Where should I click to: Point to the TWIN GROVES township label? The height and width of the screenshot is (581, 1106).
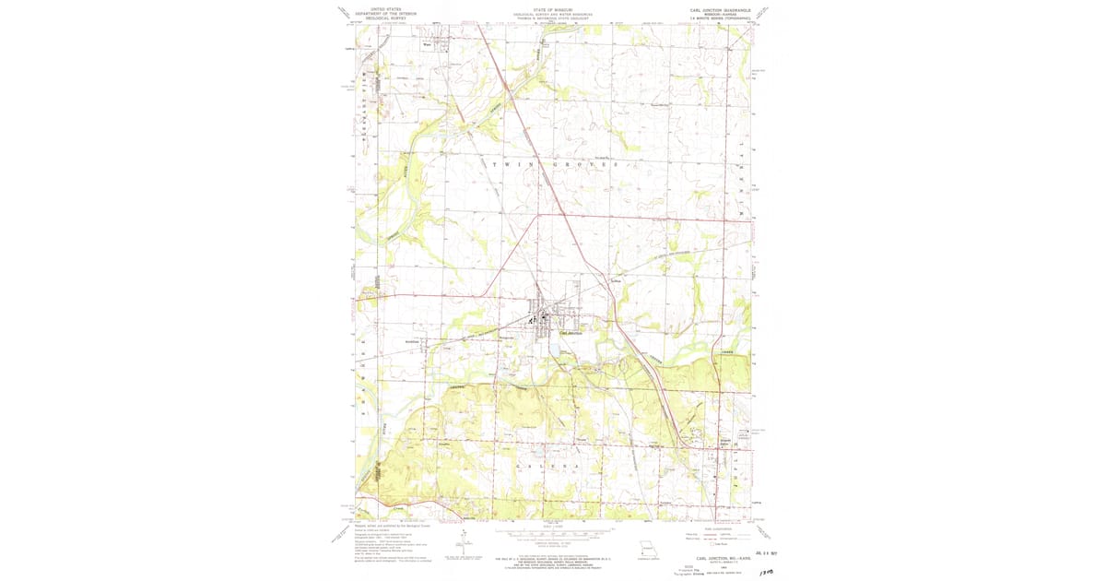pyautogui.click(x=553, y=165)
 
